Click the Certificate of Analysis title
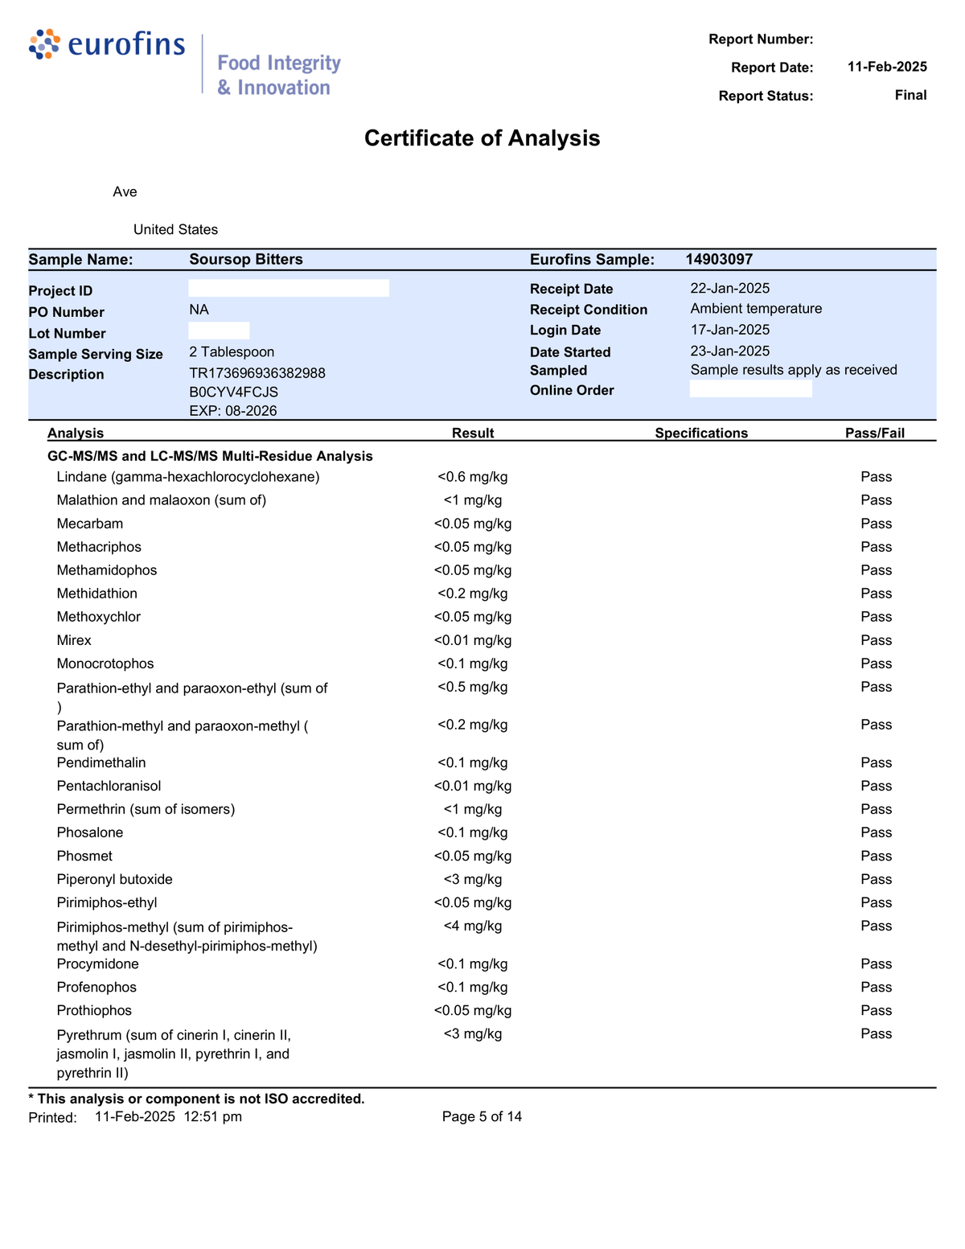pyautogui.click(x=482, y=138)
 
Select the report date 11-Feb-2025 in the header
pyautogui.click(x=886, y=67)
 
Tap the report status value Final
pyautogui.click(x=910, y=95)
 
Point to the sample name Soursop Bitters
pyautogui.click(x=246, y=259)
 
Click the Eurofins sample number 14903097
pyautogui.click(x=719, y=259)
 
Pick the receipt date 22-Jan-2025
pyautogui.click(x=729, y=288)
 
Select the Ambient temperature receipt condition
pyautogui.click(x=756, y=309)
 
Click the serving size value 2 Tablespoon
pyautogui.click(x=232, y=352)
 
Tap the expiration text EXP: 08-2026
pyautogui.click(x=233, y=411)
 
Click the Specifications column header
pyautogui.click(x=701, y=433)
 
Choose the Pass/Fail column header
pyautogui.click(x=875, y=433)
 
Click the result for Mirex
pyautogui.click(x=473, y=640)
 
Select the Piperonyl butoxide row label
pyautogui.click(x=115, y=879)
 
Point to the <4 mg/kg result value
pyautogui.click(x=473, y=926)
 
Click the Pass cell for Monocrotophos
pyautogui.click(x=876, y=664)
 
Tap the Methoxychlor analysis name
pyautogui.click(x=99, y=617)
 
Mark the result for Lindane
pyautogui.click(x=473, y=477)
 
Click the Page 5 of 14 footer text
pyautogui.click(x=482, y=1116)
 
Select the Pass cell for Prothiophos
pyautogui.click(x=876, y=1010)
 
